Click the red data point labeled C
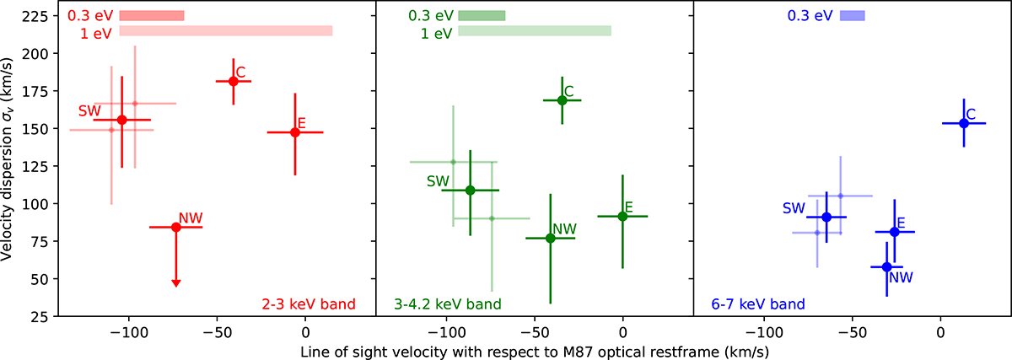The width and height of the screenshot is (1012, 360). [x=234, y=81]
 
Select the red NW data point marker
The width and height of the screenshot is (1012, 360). [x=175, y=227]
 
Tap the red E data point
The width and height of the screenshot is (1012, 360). [x=295, y=132]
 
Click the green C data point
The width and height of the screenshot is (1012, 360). [x=562, y=100]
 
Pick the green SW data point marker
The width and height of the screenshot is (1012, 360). [x=470, y=190]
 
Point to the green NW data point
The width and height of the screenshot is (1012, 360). [x=550, y=238]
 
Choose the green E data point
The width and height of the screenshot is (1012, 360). [x=622, y=216]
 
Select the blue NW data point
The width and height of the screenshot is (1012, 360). [x=886, y=266]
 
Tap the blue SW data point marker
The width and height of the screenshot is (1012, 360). [x=826, y=217]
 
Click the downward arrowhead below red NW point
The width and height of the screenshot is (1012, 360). [x=175, y=283]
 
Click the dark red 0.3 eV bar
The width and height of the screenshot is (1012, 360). [x=152, y=16]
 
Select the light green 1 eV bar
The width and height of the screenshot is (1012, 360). [x=535, y=31]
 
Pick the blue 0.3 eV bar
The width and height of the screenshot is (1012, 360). [x=853, y=15]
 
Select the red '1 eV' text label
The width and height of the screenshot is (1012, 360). [x=96, y=31]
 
